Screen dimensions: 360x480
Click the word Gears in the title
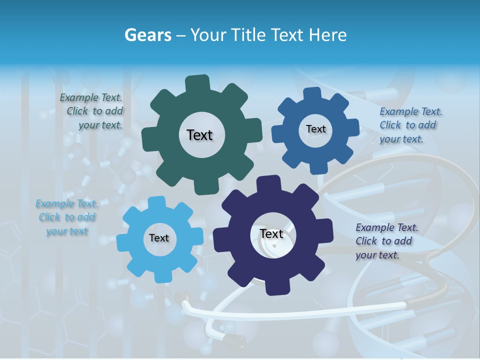[147, 35]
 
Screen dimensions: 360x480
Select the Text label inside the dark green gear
[199, 135]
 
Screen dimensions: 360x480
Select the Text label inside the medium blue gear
[315, 129]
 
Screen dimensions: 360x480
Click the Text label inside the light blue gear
[159, 238]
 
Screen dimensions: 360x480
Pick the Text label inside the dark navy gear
[271, 234]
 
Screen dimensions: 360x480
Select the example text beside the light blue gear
[67, 217]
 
